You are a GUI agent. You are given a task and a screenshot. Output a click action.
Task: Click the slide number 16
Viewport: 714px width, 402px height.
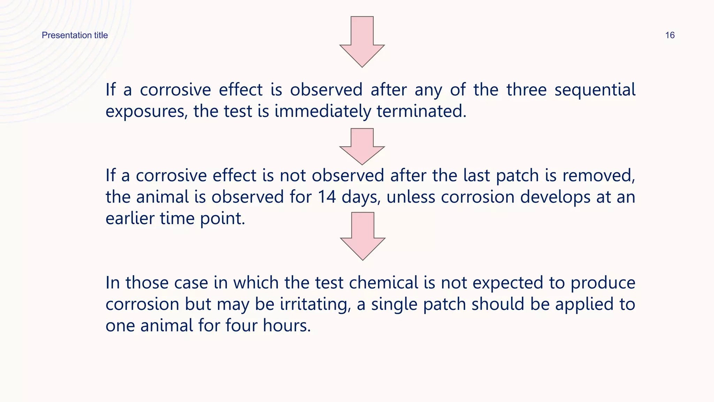coord(670,35)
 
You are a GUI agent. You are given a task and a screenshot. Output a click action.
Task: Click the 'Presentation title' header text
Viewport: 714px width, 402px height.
coord(75,35)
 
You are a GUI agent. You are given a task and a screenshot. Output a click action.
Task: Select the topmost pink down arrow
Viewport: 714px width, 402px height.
coord(362,42)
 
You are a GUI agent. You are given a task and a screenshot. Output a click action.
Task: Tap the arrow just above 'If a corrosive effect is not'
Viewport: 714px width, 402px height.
coord(362,146)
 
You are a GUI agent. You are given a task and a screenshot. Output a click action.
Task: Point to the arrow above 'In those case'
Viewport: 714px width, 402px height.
coord(363,236)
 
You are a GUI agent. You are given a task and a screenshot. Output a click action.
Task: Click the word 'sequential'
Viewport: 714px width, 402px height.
coord(595,90)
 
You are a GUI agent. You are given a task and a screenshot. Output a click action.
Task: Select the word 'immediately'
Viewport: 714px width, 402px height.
coord(323,112)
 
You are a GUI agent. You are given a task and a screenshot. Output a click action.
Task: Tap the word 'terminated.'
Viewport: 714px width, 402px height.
coord(421,112)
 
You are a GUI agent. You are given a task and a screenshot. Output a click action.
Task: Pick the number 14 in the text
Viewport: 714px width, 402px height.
coord(327,197)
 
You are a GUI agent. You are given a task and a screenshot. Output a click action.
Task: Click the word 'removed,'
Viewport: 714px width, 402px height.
coord(599,176)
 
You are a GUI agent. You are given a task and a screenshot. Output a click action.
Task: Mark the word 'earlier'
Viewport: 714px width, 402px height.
coord(130,219)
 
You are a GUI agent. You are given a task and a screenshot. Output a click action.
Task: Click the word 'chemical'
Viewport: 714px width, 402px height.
coord(383,283)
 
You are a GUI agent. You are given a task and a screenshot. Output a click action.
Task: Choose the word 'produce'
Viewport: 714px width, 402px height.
coord(603,283)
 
